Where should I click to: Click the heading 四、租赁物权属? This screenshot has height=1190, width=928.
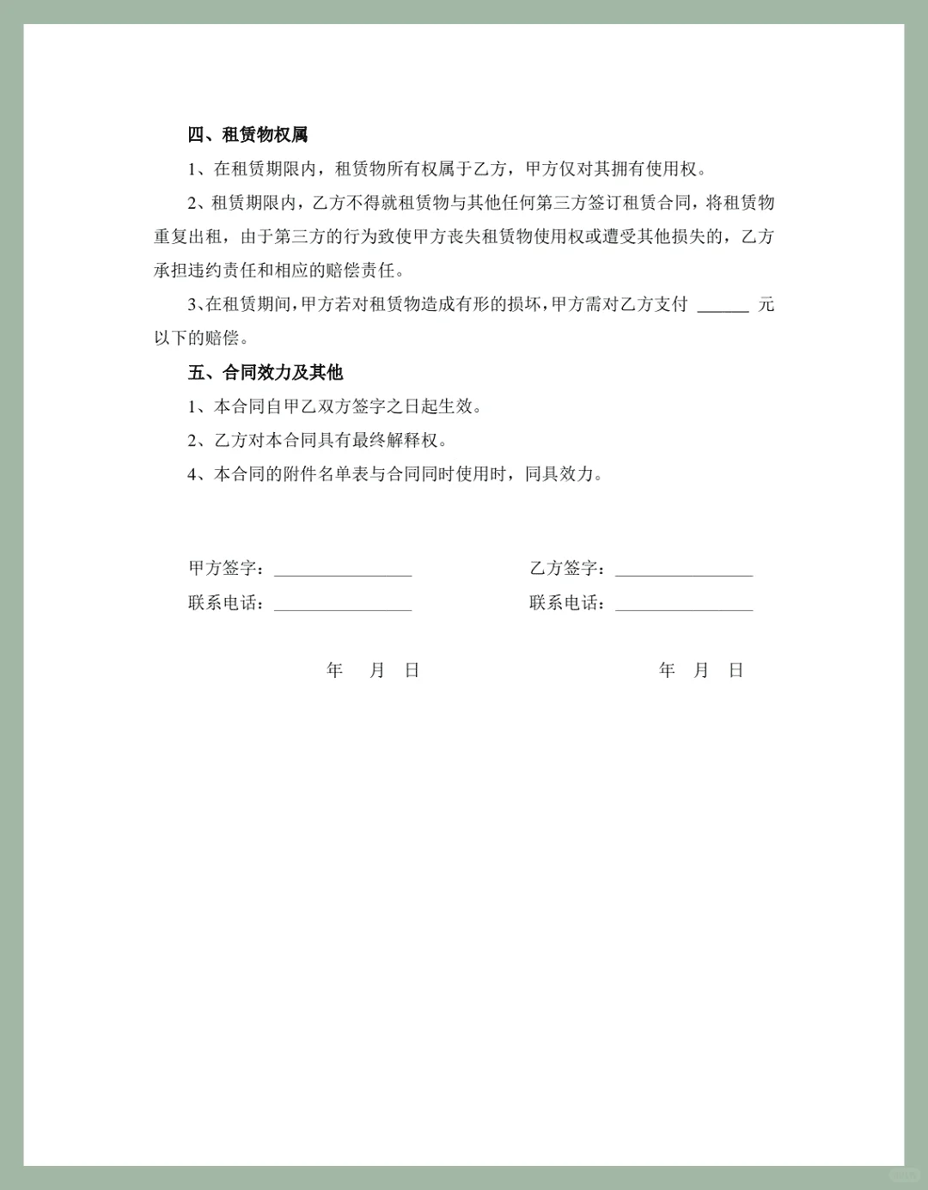(247, 135)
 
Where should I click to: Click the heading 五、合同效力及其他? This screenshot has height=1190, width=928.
(266, 373)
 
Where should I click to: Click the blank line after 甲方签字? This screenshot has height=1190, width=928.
(343, 571)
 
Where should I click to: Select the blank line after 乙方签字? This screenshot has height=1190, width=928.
(684, 571)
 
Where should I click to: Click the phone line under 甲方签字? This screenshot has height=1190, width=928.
(343, 606)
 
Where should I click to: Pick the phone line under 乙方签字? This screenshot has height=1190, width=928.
(684, 606)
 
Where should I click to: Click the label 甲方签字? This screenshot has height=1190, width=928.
(223, 569)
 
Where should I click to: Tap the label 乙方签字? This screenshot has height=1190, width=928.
(564, 569)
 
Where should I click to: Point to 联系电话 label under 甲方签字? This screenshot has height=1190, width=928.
(223, 603)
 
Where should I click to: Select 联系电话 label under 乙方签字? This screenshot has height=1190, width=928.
(564, 603)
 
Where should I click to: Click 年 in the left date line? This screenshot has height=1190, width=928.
(335, 670)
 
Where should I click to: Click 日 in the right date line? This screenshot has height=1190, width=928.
(736, 670)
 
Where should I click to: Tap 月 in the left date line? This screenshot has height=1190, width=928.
(376, 670)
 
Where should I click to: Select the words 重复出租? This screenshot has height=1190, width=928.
(188, 237)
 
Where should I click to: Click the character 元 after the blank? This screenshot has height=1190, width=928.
(766, 304)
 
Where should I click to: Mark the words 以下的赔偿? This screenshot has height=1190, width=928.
(197, 339)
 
